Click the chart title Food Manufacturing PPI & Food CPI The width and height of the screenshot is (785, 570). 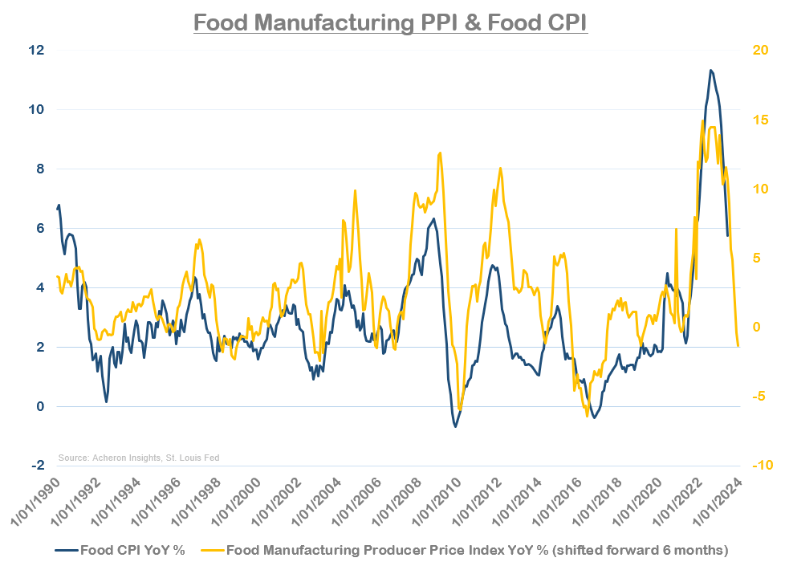(391, 22)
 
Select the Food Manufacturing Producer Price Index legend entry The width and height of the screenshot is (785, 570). (477, 550)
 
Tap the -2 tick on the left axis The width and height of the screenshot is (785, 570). (38, 466)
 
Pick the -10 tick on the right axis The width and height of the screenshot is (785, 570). (759, 466)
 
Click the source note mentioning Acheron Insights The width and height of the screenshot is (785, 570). (139, 458)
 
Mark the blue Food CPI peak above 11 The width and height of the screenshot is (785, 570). (710, 70)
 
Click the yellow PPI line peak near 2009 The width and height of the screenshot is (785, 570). (440, 153)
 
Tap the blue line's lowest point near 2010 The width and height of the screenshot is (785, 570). (456, 426)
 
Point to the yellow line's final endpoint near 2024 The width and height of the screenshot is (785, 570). (738, 346)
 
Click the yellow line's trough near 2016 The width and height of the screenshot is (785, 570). (588, 415)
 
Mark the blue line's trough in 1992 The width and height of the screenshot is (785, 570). (106, 401)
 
